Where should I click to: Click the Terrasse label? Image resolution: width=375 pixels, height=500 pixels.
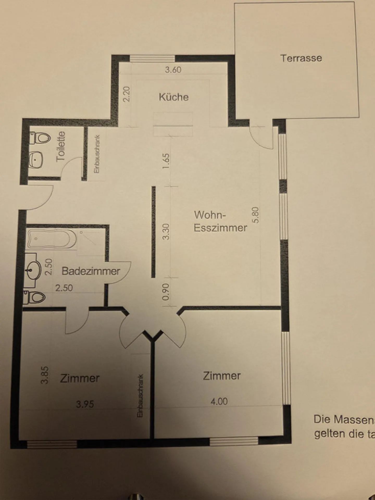coord(301,58)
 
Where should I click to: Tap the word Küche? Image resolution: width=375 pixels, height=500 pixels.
coord(174,97)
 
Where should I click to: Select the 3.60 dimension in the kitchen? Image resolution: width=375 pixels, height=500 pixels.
coord(173,70)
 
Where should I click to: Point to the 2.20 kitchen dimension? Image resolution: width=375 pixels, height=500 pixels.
coord(126,94)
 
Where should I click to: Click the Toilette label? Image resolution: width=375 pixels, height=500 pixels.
coord(61,146)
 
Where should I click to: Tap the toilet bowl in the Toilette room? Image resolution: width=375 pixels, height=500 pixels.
coord(41,137)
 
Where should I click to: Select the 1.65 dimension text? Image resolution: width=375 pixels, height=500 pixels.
coord(166,161)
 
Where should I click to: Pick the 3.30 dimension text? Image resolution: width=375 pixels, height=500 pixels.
coord(166,232)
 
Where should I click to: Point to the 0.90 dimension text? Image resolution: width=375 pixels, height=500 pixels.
coord(166,292)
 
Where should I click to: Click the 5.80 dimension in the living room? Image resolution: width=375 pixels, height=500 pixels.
coord(256,215)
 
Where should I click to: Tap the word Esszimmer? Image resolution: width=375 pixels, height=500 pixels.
coord(220,228)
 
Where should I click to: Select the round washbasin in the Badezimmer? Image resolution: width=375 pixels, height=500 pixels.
coord(34,270)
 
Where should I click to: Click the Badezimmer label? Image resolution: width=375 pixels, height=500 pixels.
coord(91,271)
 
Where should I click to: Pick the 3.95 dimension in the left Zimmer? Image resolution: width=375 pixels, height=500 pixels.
coord(85,404)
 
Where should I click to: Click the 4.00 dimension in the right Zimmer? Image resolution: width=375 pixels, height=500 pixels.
coord(219,401)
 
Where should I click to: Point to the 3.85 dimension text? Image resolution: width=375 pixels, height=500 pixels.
coord(45,375)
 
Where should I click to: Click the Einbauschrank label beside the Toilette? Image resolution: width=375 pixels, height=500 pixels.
coord(97,154)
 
